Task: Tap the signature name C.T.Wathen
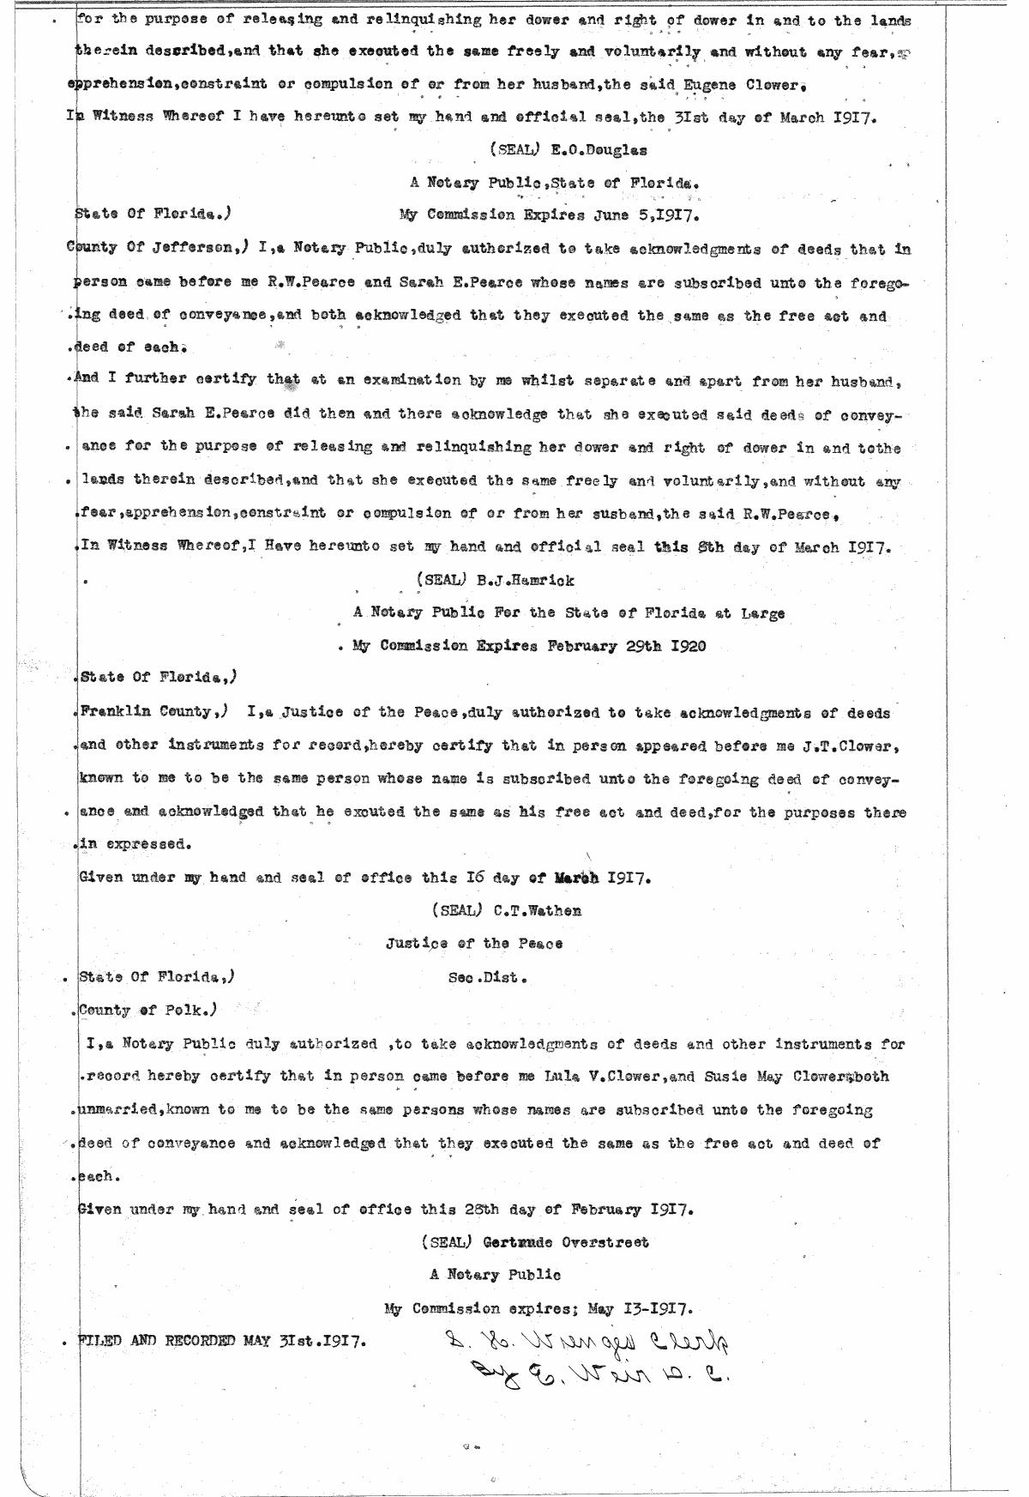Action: pos(538,910)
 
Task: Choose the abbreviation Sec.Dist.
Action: pos(487,977)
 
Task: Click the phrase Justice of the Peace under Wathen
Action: pos(474,944)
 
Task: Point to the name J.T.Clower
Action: pos(852,745)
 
